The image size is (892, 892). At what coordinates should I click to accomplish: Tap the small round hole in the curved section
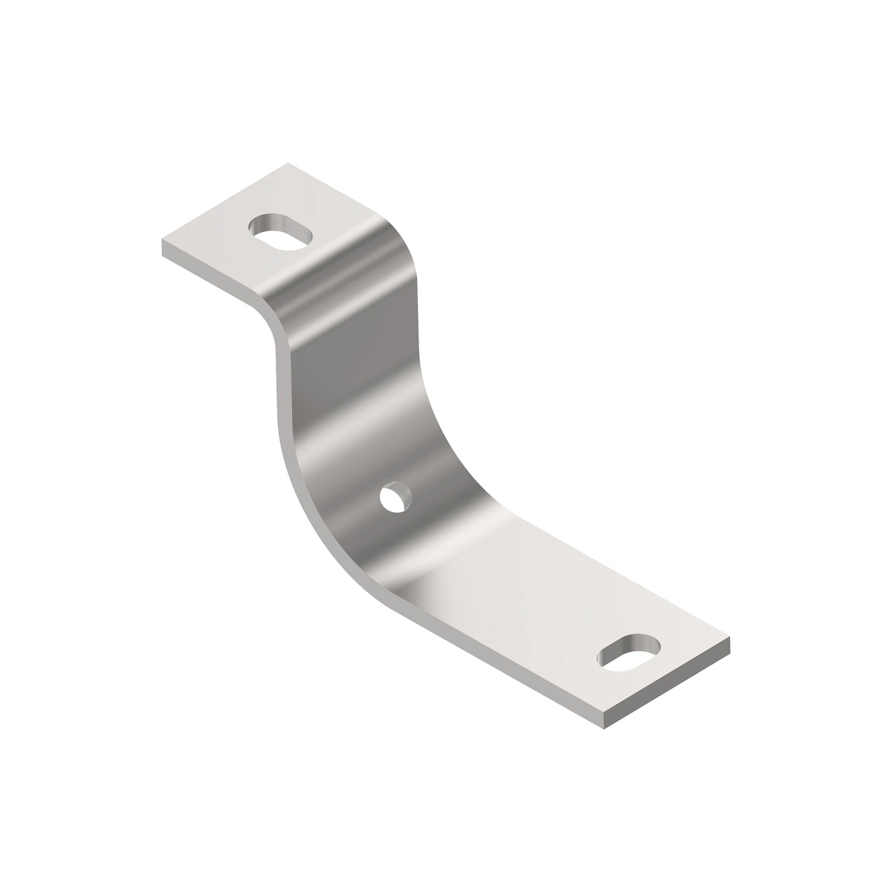pos(393,498)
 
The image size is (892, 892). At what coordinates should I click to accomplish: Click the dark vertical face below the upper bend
pos(349,357)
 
